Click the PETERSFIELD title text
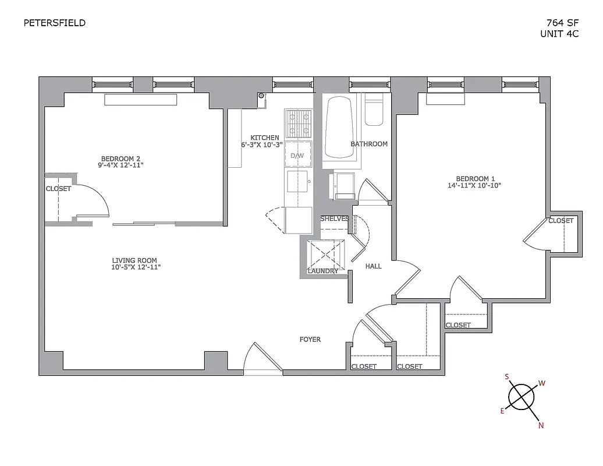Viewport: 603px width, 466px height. click(54, 23)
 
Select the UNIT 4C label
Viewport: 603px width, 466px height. click(559, 34)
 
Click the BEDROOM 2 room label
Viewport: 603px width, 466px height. click(121, 158)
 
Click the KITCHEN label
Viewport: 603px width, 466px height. click(265, 137)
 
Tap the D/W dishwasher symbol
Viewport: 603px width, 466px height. click(297, 156)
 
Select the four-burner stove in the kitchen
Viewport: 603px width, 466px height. click(298, 124)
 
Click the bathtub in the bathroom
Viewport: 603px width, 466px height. click(339, 128)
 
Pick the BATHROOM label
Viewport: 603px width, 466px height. click(368, 144)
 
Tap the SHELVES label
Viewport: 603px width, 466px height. click(334, 218)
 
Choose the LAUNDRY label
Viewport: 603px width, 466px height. click(322, 271)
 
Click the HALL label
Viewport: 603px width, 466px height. click(373, 266)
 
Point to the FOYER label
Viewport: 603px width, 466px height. click(310, 340)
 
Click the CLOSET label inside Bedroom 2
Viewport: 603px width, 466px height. click(58, 189)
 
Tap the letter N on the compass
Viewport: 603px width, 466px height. click(541, 426)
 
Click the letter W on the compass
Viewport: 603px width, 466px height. click(541, 383)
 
